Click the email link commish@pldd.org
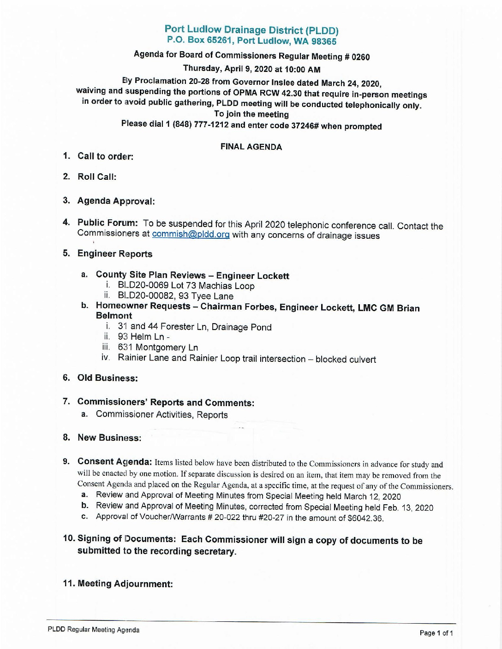(191, 235)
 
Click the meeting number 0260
(360, 57)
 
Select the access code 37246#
(305, 126)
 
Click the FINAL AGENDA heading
(251, 147)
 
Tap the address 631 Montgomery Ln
(158, 347)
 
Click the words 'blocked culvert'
(346, 360)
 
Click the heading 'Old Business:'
(108, 378)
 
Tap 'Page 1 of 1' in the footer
(436, 633)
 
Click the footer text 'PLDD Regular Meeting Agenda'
(93, 630)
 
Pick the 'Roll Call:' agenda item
(97, 177)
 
